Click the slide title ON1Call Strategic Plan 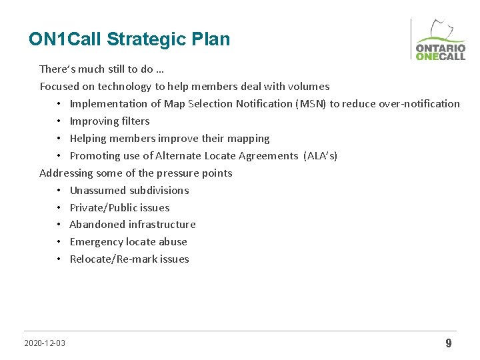click(129, 39)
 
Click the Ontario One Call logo click(440, 41)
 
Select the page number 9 click(448, 343)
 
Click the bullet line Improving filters click(109, 121)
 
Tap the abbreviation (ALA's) click(320, 156)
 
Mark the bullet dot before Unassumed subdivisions click(59, 191)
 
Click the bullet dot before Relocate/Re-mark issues click(59, 259)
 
